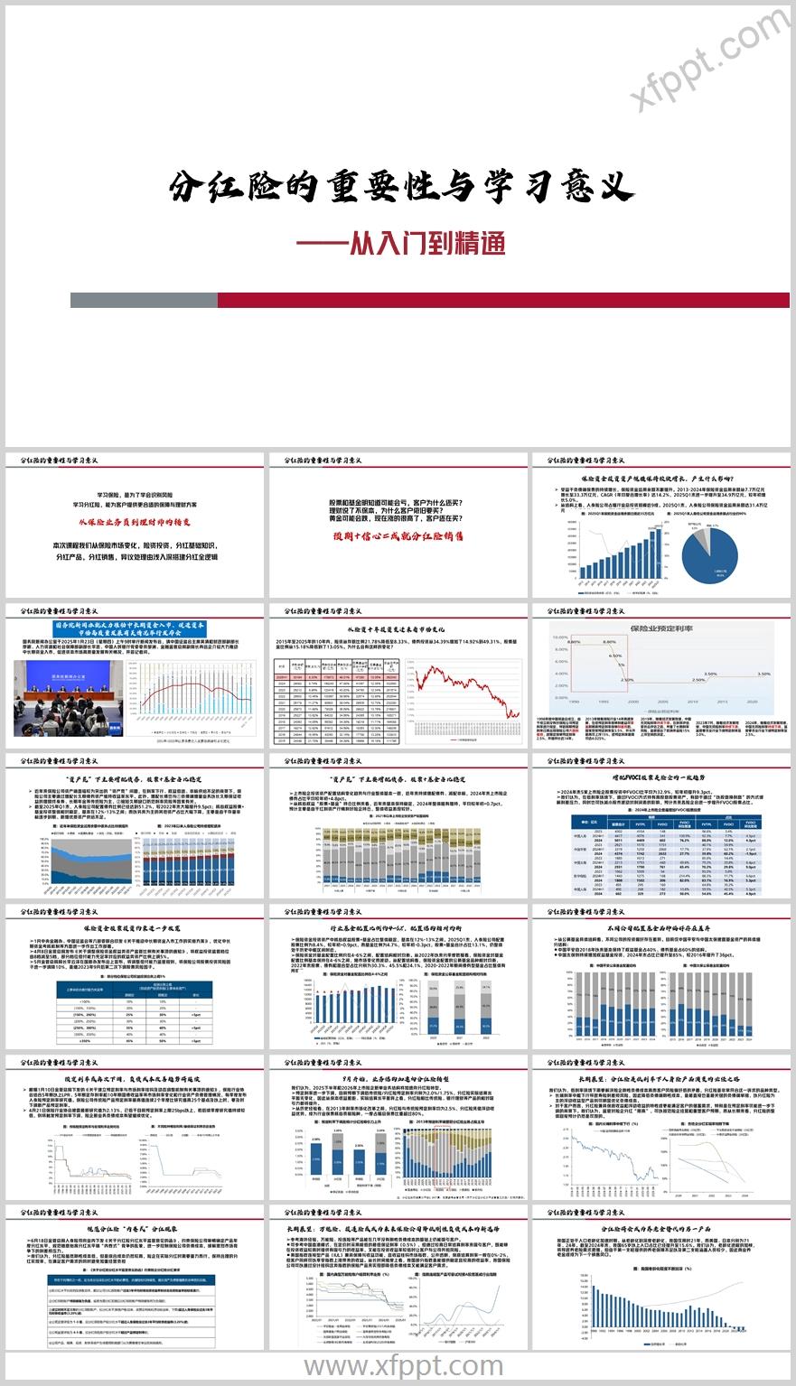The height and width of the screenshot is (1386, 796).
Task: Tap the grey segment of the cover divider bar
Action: click(144, 300)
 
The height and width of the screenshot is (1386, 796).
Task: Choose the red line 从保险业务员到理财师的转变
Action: click(134, 523)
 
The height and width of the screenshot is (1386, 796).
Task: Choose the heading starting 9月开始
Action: click(397, 1077)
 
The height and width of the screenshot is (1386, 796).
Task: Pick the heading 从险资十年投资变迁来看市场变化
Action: click(397, 627)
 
